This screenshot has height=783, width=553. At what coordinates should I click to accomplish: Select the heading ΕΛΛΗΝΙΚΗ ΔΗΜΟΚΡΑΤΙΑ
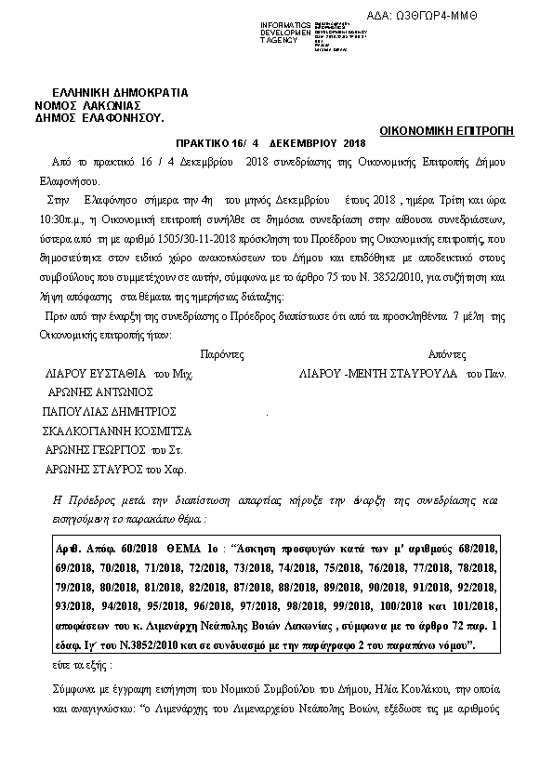[121, 93]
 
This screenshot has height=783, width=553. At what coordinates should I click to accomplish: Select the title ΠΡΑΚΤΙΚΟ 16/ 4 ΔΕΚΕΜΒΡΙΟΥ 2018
[271, 144]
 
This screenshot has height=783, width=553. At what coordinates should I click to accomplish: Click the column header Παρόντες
[221, 354]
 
